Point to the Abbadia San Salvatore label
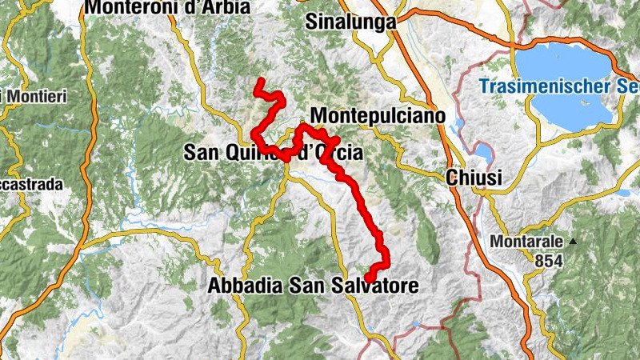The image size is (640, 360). pyautogui.click(x=313, y=285)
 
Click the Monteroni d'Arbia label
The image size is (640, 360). pyautogui.click(x=167, y=7)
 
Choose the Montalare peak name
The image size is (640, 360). pyautogui.click(x=527, y=241)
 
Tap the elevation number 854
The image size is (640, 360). pyautogui.click(x=550, y=260)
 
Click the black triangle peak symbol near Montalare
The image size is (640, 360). pyautogui.click(x=573, y=241)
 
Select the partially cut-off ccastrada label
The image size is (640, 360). pyautogui.click(x=31, y=185)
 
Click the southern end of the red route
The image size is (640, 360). pyautogui.click(x=369, y=278)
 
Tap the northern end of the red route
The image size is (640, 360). pyautogui.click(x=258, y=82)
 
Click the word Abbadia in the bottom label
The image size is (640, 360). pyautogui.click(x=242, y=285)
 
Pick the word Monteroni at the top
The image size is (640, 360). pyautogui.click(x=127, y=7)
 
